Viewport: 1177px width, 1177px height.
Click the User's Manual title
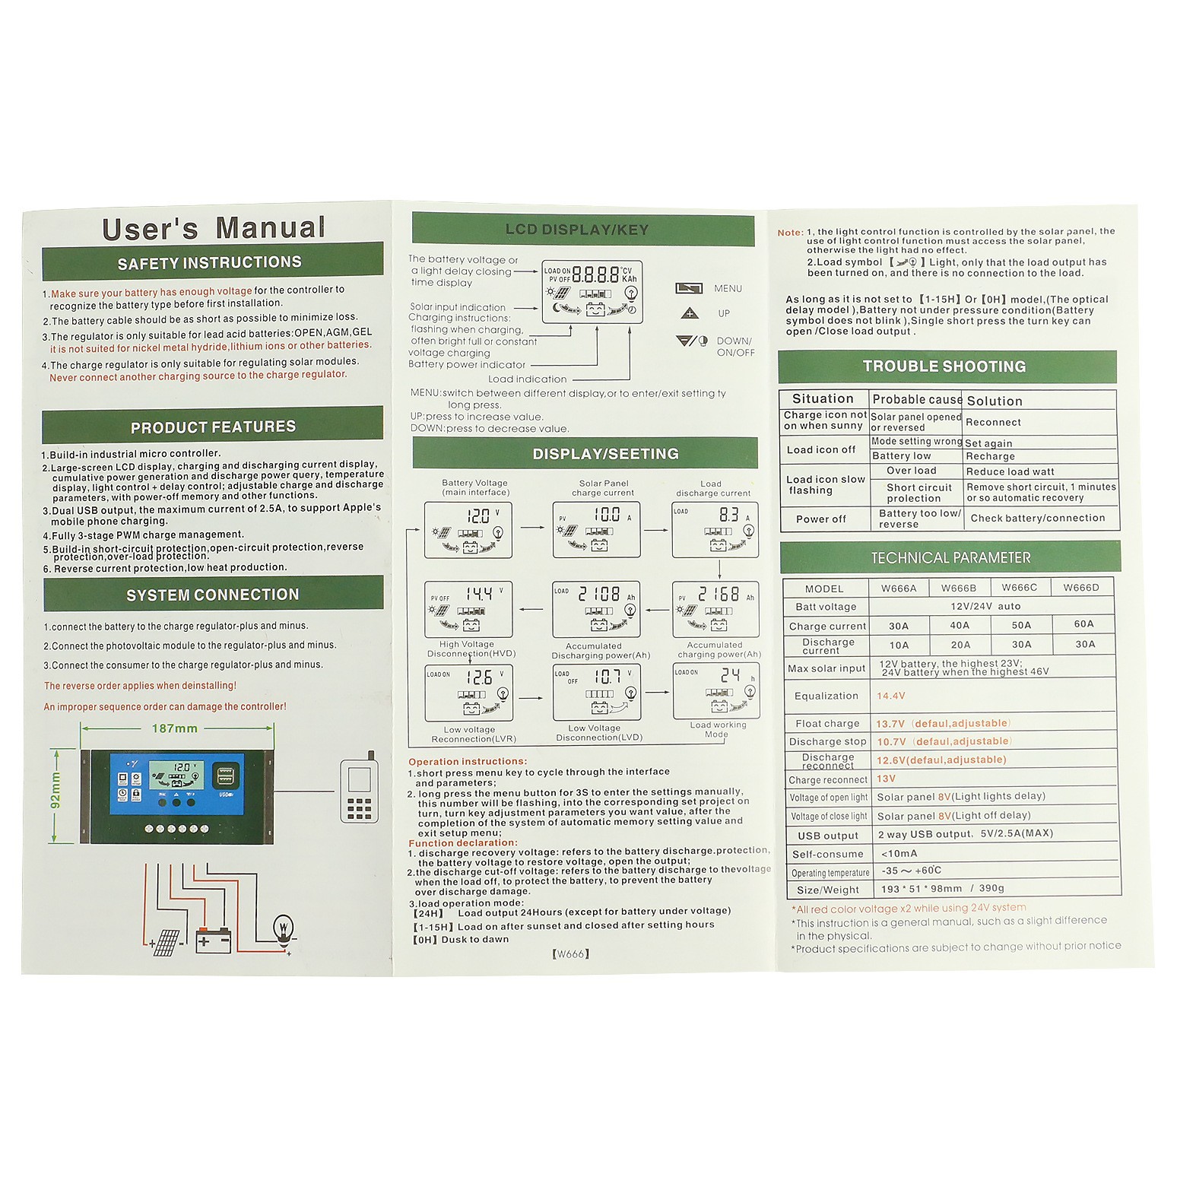tap(214, 228)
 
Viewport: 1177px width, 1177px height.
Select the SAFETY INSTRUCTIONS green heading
tap(210, 262)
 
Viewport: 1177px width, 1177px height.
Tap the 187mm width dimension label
tap(174, 728)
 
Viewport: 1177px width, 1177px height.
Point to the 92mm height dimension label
tap(55, 791)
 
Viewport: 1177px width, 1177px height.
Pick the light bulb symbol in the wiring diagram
tap(284, 927)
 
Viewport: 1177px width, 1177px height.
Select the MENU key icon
tap(689, 288)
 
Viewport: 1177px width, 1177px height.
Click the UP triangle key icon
tap(690, 313)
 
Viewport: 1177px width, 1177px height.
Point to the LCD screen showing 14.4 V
tap(468, 609)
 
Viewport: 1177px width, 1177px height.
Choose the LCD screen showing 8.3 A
tap(715, 530)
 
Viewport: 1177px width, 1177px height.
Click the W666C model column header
tap(1019, 588)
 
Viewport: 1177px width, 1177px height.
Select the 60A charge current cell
tap(1083, 624)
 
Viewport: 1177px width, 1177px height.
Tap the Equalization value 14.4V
tap(890, 696)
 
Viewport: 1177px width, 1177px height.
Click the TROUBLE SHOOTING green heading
tap(944, 366)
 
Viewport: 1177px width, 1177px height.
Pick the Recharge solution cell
tap(990, 456)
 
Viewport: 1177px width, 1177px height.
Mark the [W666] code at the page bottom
tap(570, 953)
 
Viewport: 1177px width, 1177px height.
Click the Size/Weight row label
tap(827, 890)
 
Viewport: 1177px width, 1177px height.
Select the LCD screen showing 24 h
tap(716, 690)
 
